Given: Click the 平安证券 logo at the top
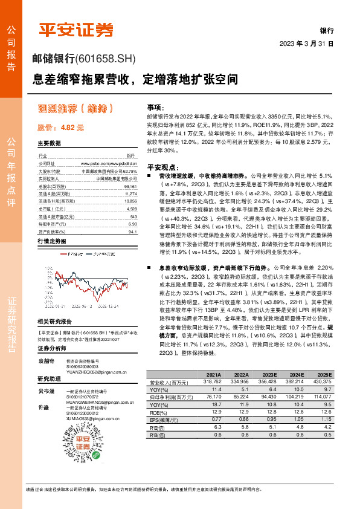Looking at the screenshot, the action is [75, 30].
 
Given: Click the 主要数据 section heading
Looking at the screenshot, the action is [49, 143].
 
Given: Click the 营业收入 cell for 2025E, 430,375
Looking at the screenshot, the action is [321, 381].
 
